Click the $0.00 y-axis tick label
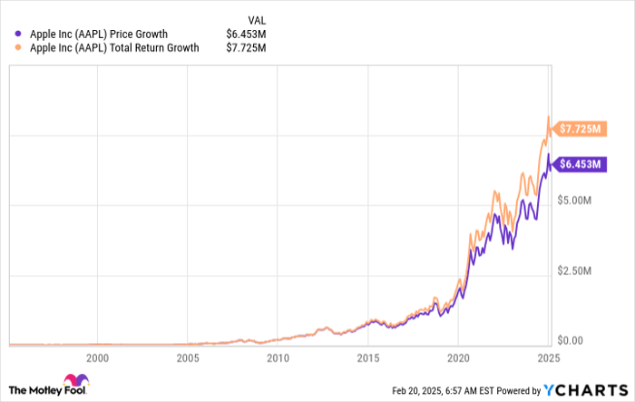coord(575,340)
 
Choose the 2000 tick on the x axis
coord(97,358)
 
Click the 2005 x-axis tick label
coord(187,358)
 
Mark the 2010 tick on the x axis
coord(278,358)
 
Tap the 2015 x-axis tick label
coord(367,358)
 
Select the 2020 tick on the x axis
coord(458,358)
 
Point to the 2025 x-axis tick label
coord(548,358)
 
